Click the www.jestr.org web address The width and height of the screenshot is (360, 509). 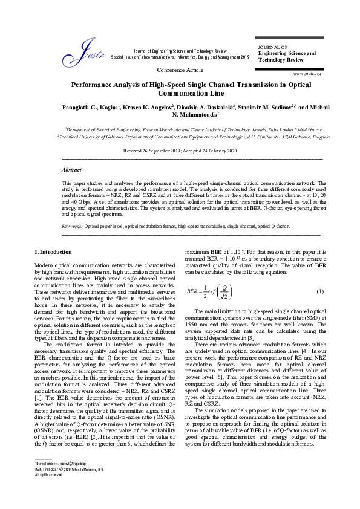tap(307, 73)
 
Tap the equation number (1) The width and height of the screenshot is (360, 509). tap(320, 292)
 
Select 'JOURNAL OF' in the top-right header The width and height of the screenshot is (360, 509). tap(273, 47)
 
